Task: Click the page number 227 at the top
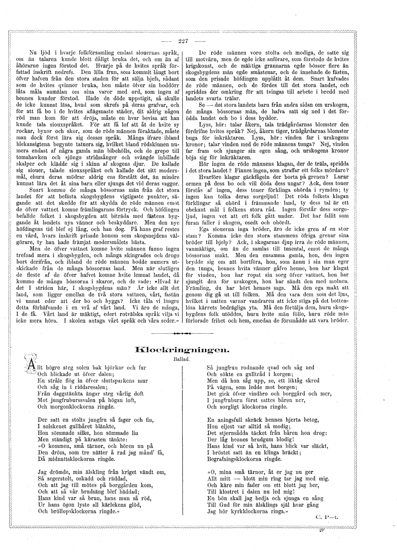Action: pyautogui.click(x=183, y=41)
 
